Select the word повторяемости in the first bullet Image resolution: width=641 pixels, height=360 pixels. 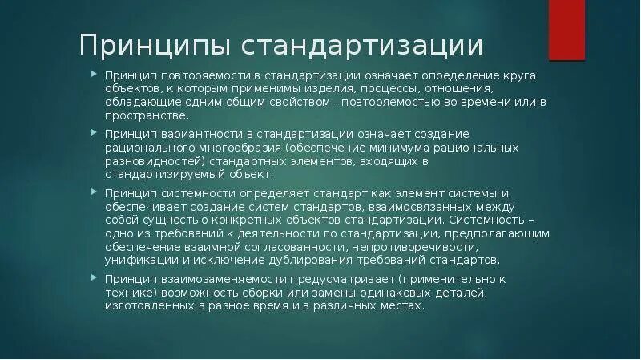(197, 75)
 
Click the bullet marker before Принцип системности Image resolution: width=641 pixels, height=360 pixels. (94, 192)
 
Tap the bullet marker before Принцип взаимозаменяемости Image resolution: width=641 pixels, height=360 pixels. (94, 278)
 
